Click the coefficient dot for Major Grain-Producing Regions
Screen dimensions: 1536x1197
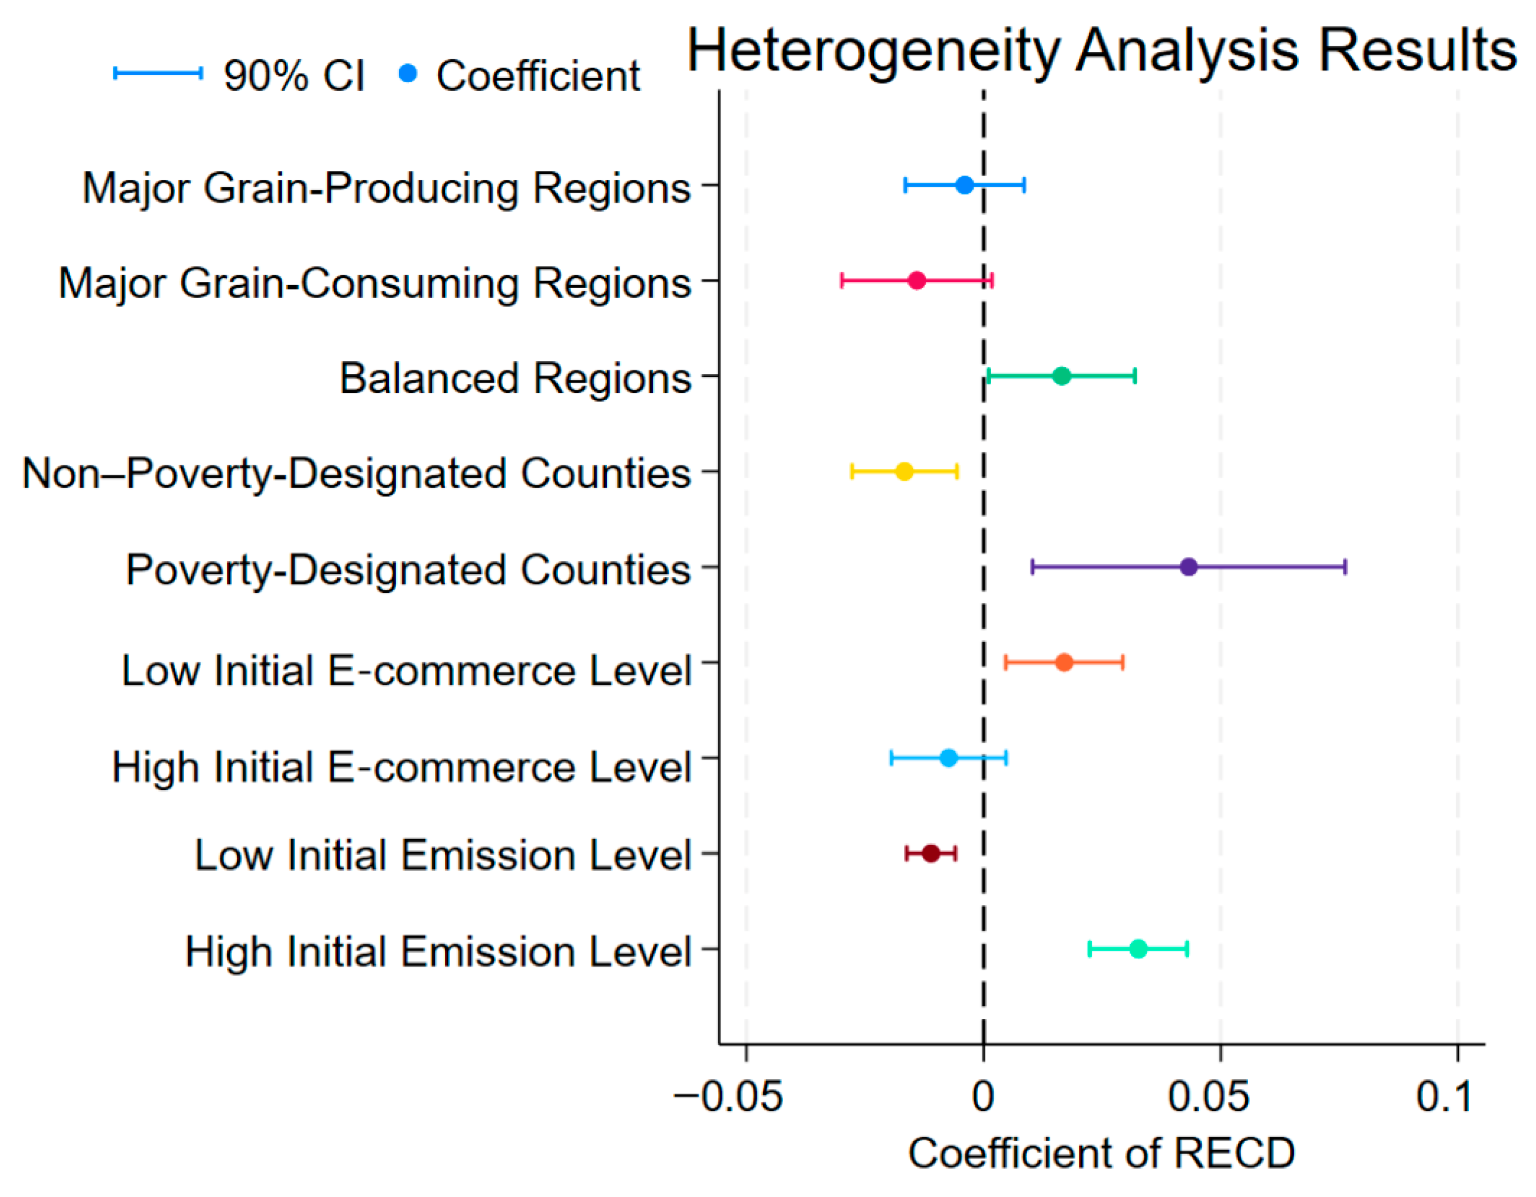(x=964, y=185)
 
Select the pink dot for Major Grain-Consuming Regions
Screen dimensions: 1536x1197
(x=916, y=281)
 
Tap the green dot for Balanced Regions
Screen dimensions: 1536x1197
(x=1062, y=376)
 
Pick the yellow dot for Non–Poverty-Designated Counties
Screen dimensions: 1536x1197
(x=904, y=471)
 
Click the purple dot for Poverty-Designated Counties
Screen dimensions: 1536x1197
(x=1188, y=567)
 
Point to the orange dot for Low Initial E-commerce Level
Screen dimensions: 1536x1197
(x=1064, y=663)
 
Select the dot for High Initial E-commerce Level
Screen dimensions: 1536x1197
(x=949, y=758)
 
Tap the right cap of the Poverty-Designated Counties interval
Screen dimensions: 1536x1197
(x=1344, y=567)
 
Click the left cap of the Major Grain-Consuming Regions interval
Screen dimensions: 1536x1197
(x=842, y=281)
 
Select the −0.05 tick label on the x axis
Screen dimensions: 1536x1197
(x=728, y=1097)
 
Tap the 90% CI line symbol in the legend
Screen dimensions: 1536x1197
(x=158, y=73)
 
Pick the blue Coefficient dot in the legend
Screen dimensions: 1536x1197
(x=408, y=73)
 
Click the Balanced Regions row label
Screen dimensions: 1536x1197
(x=516, y=378)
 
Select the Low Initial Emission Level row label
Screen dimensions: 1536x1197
(x=443, y=855)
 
